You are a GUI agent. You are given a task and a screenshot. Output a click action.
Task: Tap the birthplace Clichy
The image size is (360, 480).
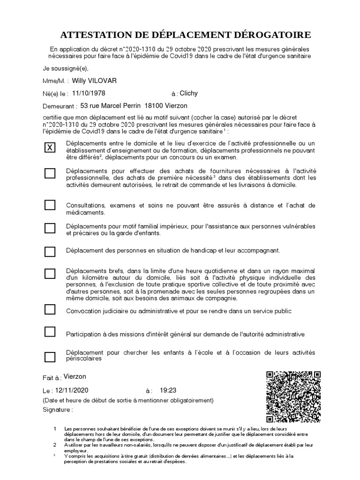(189, 93)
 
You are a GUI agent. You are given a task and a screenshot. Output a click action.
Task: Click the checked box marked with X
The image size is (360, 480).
(50, 148)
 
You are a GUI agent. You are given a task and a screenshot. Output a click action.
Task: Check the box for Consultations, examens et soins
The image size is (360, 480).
(50, 205)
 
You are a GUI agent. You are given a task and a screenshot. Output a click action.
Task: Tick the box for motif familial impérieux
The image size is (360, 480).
(50, 228)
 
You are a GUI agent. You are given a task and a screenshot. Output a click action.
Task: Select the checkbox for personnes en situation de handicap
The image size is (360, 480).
(50, 251)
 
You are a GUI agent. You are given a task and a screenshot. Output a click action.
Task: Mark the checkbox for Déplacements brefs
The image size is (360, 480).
(50, 273)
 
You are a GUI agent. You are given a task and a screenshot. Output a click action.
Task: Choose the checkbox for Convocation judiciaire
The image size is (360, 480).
(50, 309)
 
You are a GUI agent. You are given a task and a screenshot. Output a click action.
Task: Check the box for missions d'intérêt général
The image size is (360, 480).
(50, 332)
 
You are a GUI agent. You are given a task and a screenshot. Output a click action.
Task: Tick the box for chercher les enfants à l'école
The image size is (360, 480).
(50, 356)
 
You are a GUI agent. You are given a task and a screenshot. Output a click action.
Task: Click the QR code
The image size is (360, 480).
(293, 397)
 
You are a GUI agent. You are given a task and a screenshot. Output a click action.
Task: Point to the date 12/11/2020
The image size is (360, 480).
(72, 390)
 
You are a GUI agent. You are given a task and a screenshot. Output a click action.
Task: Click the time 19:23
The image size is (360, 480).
(168, 390)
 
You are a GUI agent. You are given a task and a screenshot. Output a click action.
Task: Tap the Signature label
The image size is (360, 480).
(58, 409)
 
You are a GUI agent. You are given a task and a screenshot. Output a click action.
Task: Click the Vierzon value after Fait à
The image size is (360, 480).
(75, 377)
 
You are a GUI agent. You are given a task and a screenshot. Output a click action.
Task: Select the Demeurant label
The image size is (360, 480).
(60, 106)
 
